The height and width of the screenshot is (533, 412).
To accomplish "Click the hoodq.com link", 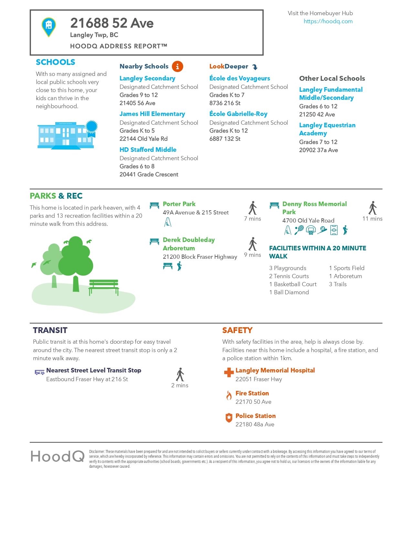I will tap(328, 21).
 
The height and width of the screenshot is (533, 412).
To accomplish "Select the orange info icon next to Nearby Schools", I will tap(177, 66).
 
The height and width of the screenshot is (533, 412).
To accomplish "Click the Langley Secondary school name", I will tap(147, 78).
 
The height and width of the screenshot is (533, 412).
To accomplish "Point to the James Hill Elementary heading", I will tap(152, 114).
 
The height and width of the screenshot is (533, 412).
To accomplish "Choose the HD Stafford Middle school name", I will tap(148, 150).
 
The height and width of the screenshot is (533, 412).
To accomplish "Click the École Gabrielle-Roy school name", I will tap(238, 114).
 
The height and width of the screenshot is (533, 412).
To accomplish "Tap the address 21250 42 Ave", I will tap(317, 114).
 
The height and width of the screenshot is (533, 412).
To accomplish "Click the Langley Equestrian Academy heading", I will tap(327, 129).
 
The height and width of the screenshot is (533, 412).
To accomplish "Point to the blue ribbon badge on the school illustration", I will tap(91, 126).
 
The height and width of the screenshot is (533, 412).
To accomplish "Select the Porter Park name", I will tap(179, 204).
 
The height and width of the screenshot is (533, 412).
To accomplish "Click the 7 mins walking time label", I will tap(252, 219).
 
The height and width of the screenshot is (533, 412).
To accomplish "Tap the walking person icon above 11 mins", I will tap(373, 208).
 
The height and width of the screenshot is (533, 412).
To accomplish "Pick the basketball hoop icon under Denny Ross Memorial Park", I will tap(311, 230).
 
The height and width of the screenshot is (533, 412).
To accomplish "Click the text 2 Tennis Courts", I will tap(289, 276).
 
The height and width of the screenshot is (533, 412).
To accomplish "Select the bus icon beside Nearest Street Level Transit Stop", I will tap(39, 372).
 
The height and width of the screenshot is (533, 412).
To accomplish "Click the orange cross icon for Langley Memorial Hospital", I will tap(229, 372).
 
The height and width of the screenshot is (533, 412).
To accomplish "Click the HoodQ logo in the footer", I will tap(58, 456).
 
